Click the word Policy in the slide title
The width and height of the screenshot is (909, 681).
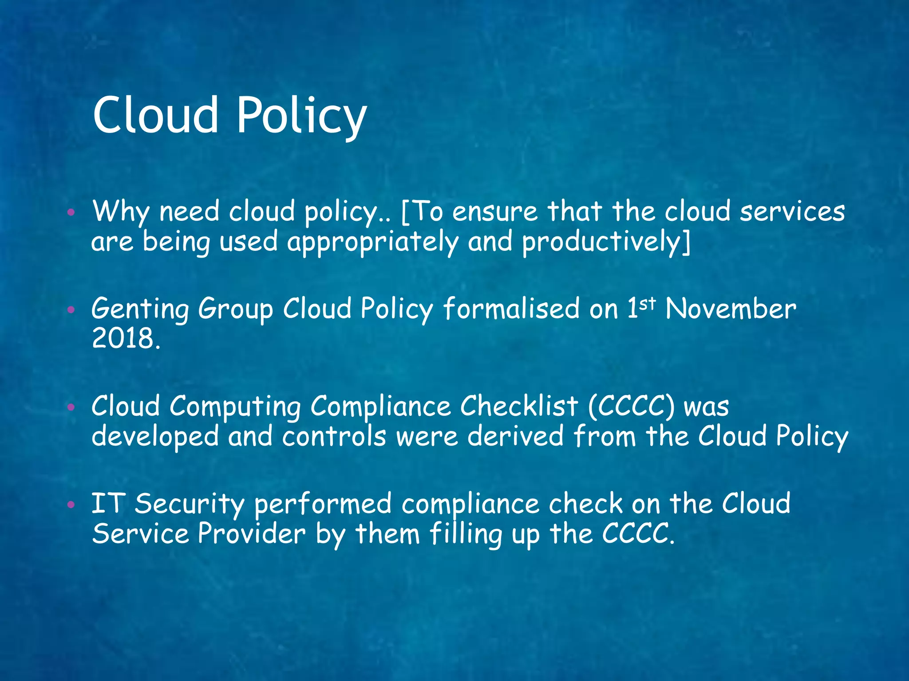point(302,116)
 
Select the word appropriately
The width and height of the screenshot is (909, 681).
point(372,243)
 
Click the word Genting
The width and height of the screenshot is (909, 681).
point(140,309)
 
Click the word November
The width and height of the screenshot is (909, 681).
point(731,309)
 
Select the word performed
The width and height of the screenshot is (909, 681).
point(323,505)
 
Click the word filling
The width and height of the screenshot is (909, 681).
point(466,534)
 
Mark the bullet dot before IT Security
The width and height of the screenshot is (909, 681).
point(71,505)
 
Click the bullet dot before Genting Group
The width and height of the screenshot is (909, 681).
point(71,309)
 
